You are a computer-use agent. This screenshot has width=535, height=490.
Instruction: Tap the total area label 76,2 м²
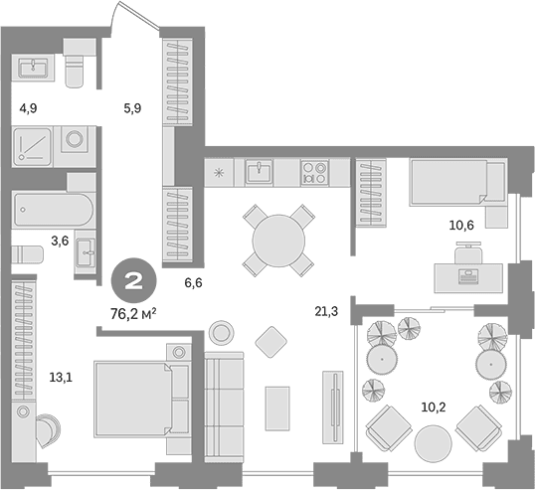[133, 314]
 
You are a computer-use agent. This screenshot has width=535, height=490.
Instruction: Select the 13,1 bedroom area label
[61, 378]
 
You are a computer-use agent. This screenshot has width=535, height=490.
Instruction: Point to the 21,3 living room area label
[326, 311]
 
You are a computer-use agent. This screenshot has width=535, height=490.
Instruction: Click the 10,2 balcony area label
[434, 408]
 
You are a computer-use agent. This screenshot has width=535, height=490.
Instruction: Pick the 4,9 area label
[28, 108]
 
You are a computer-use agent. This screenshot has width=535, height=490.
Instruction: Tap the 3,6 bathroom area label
[60, 242]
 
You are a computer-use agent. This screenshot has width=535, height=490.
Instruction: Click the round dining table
[278, 241]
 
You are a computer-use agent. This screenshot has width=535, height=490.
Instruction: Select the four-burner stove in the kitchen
[314, 173]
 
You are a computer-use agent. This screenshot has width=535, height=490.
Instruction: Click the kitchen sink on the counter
[259, 173]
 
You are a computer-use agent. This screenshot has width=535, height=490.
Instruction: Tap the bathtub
[53, 210]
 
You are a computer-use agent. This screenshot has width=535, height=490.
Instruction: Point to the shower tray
[33, 147]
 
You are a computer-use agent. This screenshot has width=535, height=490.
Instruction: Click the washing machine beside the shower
[74, 139]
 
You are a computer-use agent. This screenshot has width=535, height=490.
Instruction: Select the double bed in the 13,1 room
[141, 399]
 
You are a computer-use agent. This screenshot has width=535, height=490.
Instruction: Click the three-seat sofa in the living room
[224, 407]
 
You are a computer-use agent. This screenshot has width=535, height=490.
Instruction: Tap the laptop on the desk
[468, 276]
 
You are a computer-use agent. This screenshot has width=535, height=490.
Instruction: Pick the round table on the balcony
[433, 443]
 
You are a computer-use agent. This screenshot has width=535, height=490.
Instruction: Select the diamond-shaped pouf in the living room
[270, 342]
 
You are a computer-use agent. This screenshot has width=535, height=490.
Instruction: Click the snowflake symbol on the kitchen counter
[218, 173]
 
